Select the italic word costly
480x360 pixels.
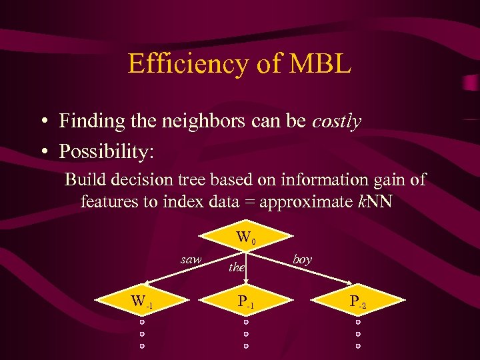tap(337, 121)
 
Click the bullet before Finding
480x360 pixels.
tap(42, 122)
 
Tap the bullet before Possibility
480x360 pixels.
tap(42, 151)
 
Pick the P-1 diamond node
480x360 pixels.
tap(245, 301)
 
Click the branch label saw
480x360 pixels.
tap(191, 259)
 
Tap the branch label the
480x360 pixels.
tap(236, 267)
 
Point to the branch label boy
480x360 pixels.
tap(302, 259)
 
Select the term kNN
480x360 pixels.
tap(374, 201)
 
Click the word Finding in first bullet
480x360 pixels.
tap(87, 121)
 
